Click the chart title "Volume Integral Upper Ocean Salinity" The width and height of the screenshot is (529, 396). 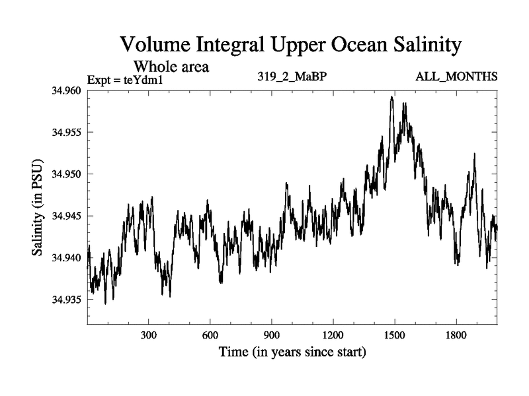[290, 46]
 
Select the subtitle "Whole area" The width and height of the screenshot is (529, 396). [172, 66]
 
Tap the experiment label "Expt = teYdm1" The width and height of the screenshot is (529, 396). [125, 81]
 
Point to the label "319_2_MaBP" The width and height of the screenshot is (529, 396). [292, 77]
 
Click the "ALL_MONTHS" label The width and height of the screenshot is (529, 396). [456, 77]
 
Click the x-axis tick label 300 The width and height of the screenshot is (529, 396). [149, 335]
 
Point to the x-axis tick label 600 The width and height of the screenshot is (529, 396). [210, 335]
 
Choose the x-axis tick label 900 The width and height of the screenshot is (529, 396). [272, 335]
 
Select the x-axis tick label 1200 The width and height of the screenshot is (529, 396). [333, 335]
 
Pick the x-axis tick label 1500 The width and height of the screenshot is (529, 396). [394, 335]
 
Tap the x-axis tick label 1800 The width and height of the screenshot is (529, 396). [456, 335]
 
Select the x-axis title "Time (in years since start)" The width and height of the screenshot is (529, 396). [292, 352]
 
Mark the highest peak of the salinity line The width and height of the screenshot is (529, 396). [391, 97]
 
